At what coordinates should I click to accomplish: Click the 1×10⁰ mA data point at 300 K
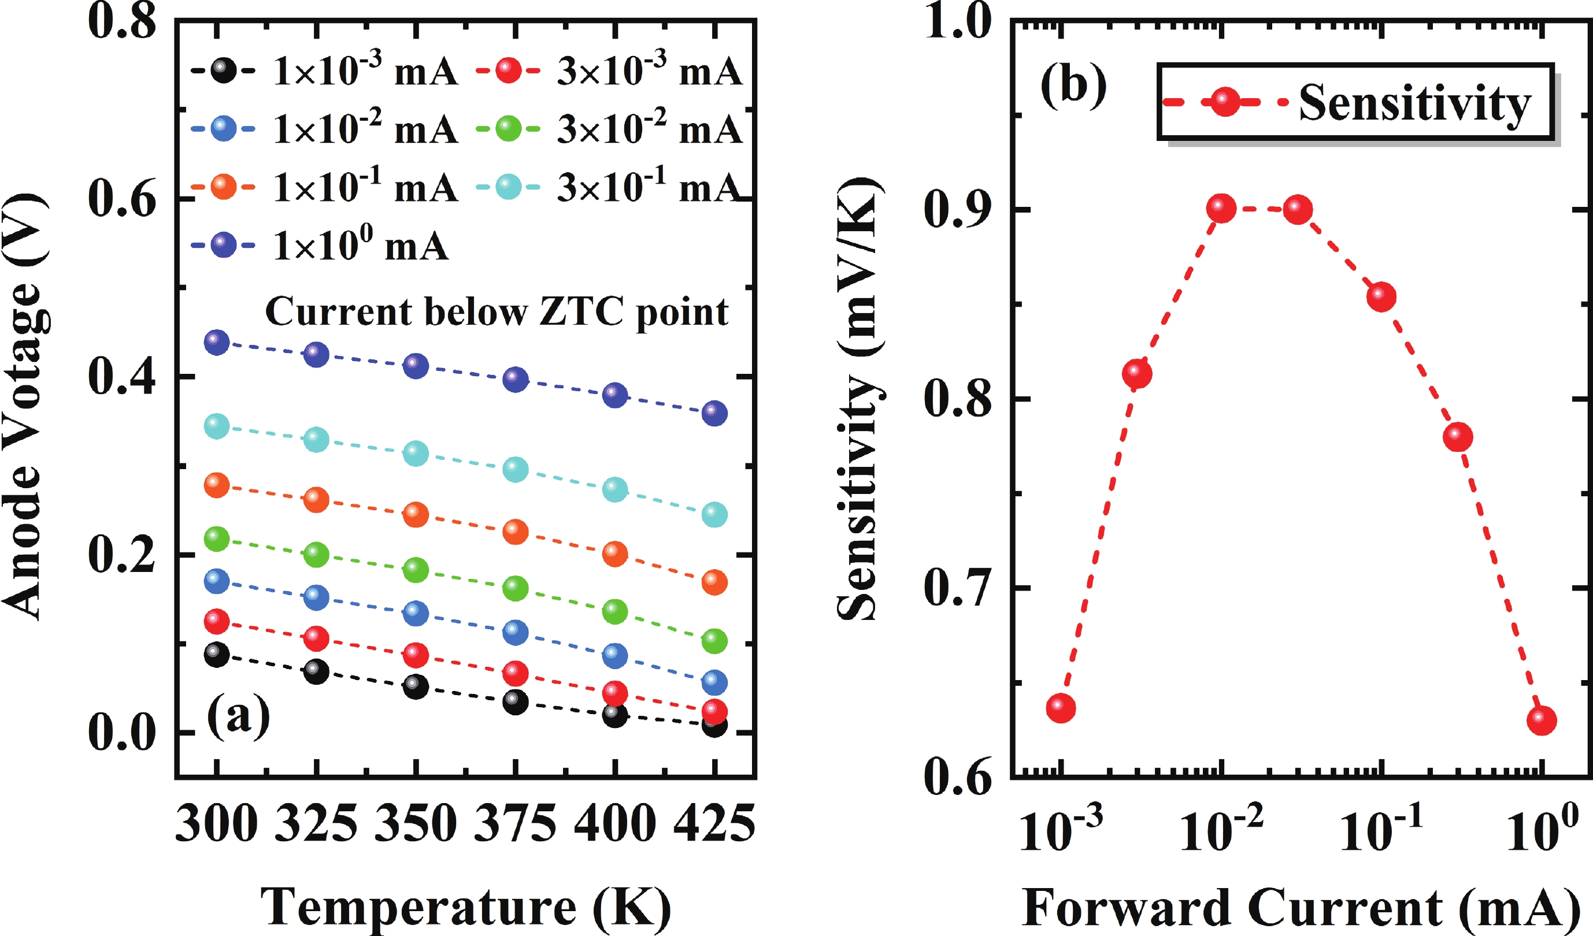point(216,342)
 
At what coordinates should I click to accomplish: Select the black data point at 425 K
point(714,725)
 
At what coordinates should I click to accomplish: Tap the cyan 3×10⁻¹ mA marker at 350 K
point(416,453)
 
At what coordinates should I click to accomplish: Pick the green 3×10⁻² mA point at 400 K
point(614,611)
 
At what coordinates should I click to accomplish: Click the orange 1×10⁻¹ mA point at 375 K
point(515,532)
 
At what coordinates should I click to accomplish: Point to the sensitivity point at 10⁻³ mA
point(1061,708)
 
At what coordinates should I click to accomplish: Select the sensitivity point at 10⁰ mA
point(1541,720)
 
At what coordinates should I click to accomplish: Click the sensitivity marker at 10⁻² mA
point(1221,209)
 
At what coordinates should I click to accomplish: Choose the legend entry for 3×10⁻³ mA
point(609,72)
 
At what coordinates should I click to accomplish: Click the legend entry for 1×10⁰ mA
point(320,244)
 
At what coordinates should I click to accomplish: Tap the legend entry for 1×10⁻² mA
point(324,129)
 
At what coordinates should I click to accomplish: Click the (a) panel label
point(238,716)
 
